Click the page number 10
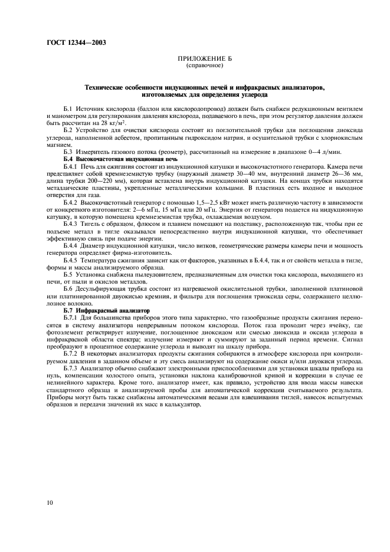(51, 502)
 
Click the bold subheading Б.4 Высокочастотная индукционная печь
(120, 159)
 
